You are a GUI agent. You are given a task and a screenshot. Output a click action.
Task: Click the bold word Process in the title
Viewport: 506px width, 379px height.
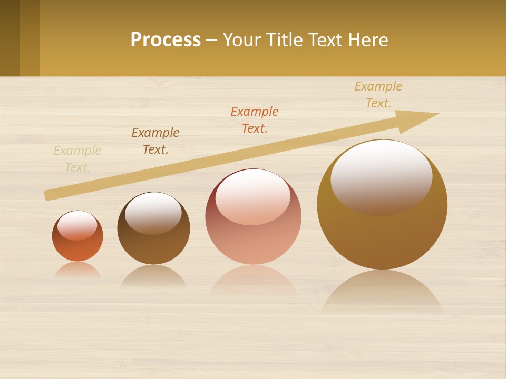(x=166, y=40)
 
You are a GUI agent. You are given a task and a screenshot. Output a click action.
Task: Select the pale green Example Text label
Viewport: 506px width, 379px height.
(x=77, y=159)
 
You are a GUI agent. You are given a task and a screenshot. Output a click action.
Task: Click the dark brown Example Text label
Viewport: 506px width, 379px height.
(x=155, y=141)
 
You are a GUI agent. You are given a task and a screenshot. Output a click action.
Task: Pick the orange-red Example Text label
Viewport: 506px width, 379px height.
(x=255, y=120)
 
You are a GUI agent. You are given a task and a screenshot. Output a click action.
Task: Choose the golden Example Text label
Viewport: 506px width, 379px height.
(x=378, y=95)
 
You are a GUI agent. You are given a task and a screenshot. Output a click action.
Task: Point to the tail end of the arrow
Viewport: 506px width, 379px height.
(x=46, y=196)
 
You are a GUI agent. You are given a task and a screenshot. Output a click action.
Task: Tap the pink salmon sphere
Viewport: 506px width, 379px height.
(x=253, y=242)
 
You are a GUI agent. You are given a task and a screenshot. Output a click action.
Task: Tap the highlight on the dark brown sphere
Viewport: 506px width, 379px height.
(x=153, y=212)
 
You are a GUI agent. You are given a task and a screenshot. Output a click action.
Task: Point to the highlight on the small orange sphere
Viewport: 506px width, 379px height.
(x=77, y=225)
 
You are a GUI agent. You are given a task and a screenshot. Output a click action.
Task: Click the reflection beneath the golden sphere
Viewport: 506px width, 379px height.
(x=382, y=292)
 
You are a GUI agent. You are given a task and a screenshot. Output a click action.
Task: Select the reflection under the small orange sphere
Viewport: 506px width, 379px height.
(x=77, y=270)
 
